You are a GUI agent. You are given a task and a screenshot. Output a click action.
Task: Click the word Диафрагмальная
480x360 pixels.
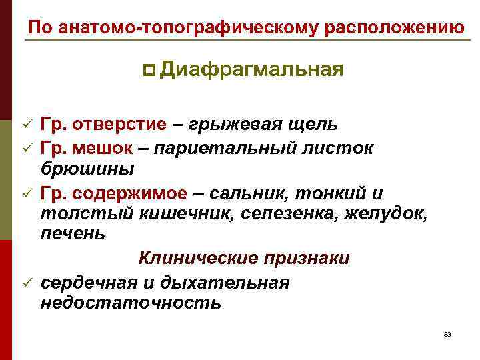(251, 69)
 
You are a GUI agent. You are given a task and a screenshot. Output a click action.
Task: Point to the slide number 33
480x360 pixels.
(447, 334)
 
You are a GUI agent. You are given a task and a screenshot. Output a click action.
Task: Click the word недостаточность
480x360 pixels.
(131, 303)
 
